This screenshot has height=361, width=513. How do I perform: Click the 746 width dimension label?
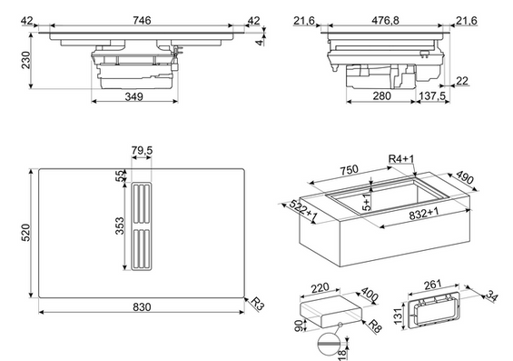click(x=142, y=20)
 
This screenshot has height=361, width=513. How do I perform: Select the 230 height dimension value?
click(x=25, y=60)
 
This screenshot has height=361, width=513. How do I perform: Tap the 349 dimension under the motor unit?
click(x=133, y=96)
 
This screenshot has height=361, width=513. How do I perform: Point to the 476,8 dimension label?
click(x=385, y=20)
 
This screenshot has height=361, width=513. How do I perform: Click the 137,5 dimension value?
click(x=432, y=96)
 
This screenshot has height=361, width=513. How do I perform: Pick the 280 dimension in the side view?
click(x=381, y=96)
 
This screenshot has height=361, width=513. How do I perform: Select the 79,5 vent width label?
click(x=142, y=150)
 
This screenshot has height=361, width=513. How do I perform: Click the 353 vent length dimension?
click(x=120, y=226)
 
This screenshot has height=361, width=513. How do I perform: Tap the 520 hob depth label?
click(x=25, y=233)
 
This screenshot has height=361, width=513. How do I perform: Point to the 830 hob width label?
click(x=142, y=307)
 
